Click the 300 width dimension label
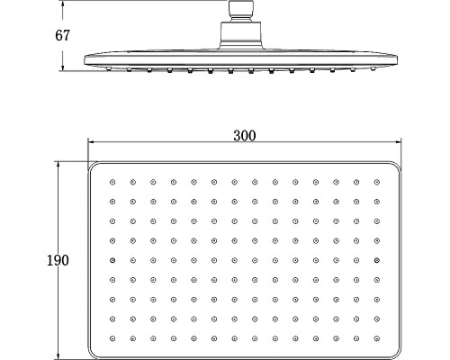point(245,136)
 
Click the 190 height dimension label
point(58,260)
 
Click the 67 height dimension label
point(62,35)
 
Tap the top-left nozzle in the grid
point(112,182)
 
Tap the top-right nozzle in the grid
point(377,182)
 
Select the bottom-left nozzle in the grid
point(112,338)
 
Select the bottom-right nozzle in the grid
point(377,338)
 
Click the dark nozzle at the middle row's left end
point(112,260)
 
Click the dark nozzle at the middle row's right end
point(377,260)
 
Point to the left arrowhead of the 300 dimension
point(91,141)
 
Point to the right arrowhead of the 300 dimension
point(398,141)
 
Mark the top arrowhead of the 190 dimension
point(58,165)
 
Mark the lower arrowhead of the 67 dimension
point(62,67)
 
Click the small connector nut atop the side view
point(241,11)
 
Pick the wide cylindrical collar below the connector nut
point(241,34)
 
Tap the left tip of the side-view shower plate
point(85,59)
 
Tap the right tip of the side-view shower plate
point(396,59)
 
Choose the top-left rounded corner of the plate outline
point(92,166)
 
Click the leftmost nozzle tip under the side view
point(110,69)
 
